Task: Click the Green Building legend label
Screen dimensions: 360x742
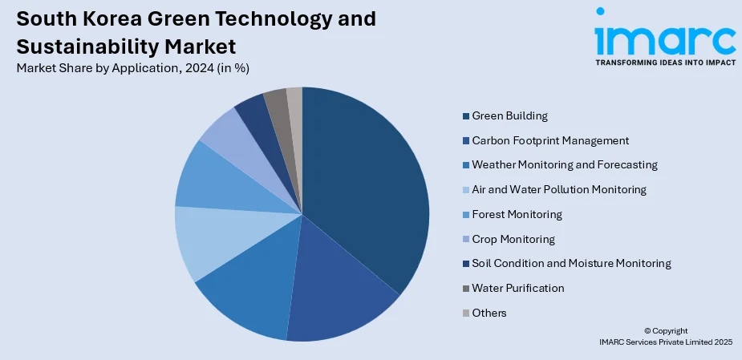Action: point(509,115)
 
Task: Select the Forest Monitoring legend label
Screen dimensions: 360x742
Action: point(517,214)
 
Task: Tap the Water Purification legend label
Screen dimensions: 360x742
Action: point(518,288)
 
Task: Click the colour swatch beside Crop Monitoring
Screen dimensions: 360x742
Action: point(466,240)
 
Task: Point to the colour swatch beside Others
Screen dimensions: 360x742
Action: point(466,313)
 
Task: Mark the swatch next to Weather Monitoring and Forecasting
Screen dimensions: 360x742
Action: point(466,165)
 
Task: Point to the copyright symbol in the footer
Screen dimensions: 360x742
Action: point(647,330)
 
